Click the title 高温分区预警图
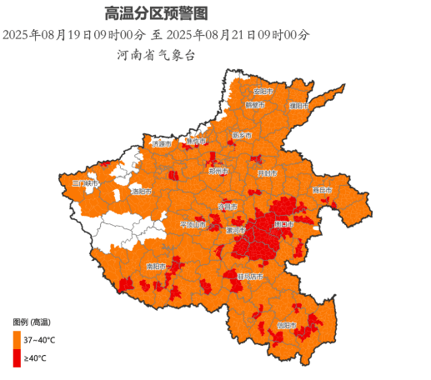[156, 13]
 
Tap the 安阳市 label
[263, 91]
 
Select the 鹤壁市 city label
[255, 106]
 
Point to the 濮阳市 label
[298, 106]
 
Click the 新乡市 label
[243, 135]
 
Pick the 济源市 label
[162, 144]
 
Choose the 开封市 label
[268, 172]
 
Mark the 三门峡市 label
[85, 182]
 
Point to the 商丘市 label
[322, 191]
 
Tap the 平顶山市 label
[193, 224]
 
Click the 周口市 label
[283, 224]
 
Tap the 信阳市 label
[287, 324]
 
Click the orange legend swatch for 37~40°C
[17, 340]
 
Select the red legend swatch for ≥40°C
[17, 357]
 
